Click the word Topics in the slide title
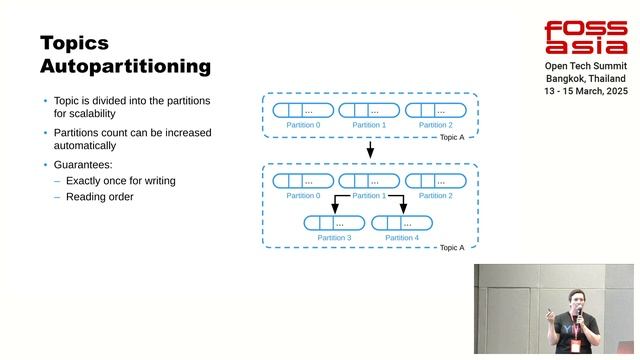[74, 43]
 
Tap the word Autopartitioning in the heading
[125, 67]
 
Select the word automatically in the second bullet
[91, 146]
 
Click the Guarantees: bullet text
[85, 164]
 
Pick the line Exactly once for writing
[120, 181]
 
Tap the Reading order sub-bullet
[99, 197]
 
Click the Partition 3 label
[334, 238]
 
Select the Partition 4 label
[402, 238]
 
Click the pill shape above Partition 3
[334, 223]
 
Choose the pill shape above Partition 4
[402, 223]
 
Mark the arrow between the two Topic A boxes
[370, 150]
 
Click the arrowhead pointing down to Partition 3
[335, 209]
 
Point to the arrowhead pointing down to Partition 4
[403, 209]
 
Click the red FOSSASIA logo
[585, 38]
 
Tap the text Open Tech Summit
[585, 65]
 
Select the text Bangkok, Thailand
[585, 78]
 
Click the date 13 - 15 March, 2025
[585, 91]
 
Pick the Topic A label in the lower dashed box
[452, 247]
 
